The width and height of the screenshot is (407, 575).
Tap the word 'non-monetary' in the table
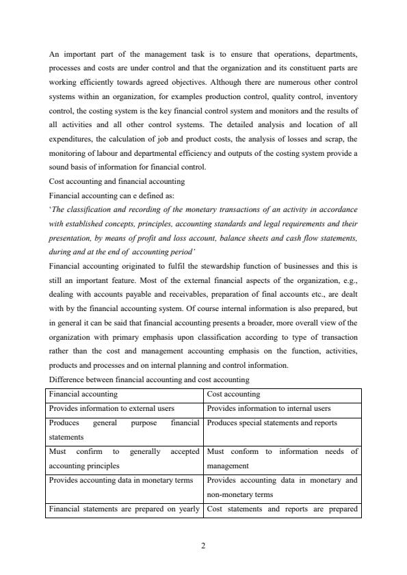pyautogui.click(x=231, y=494)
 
